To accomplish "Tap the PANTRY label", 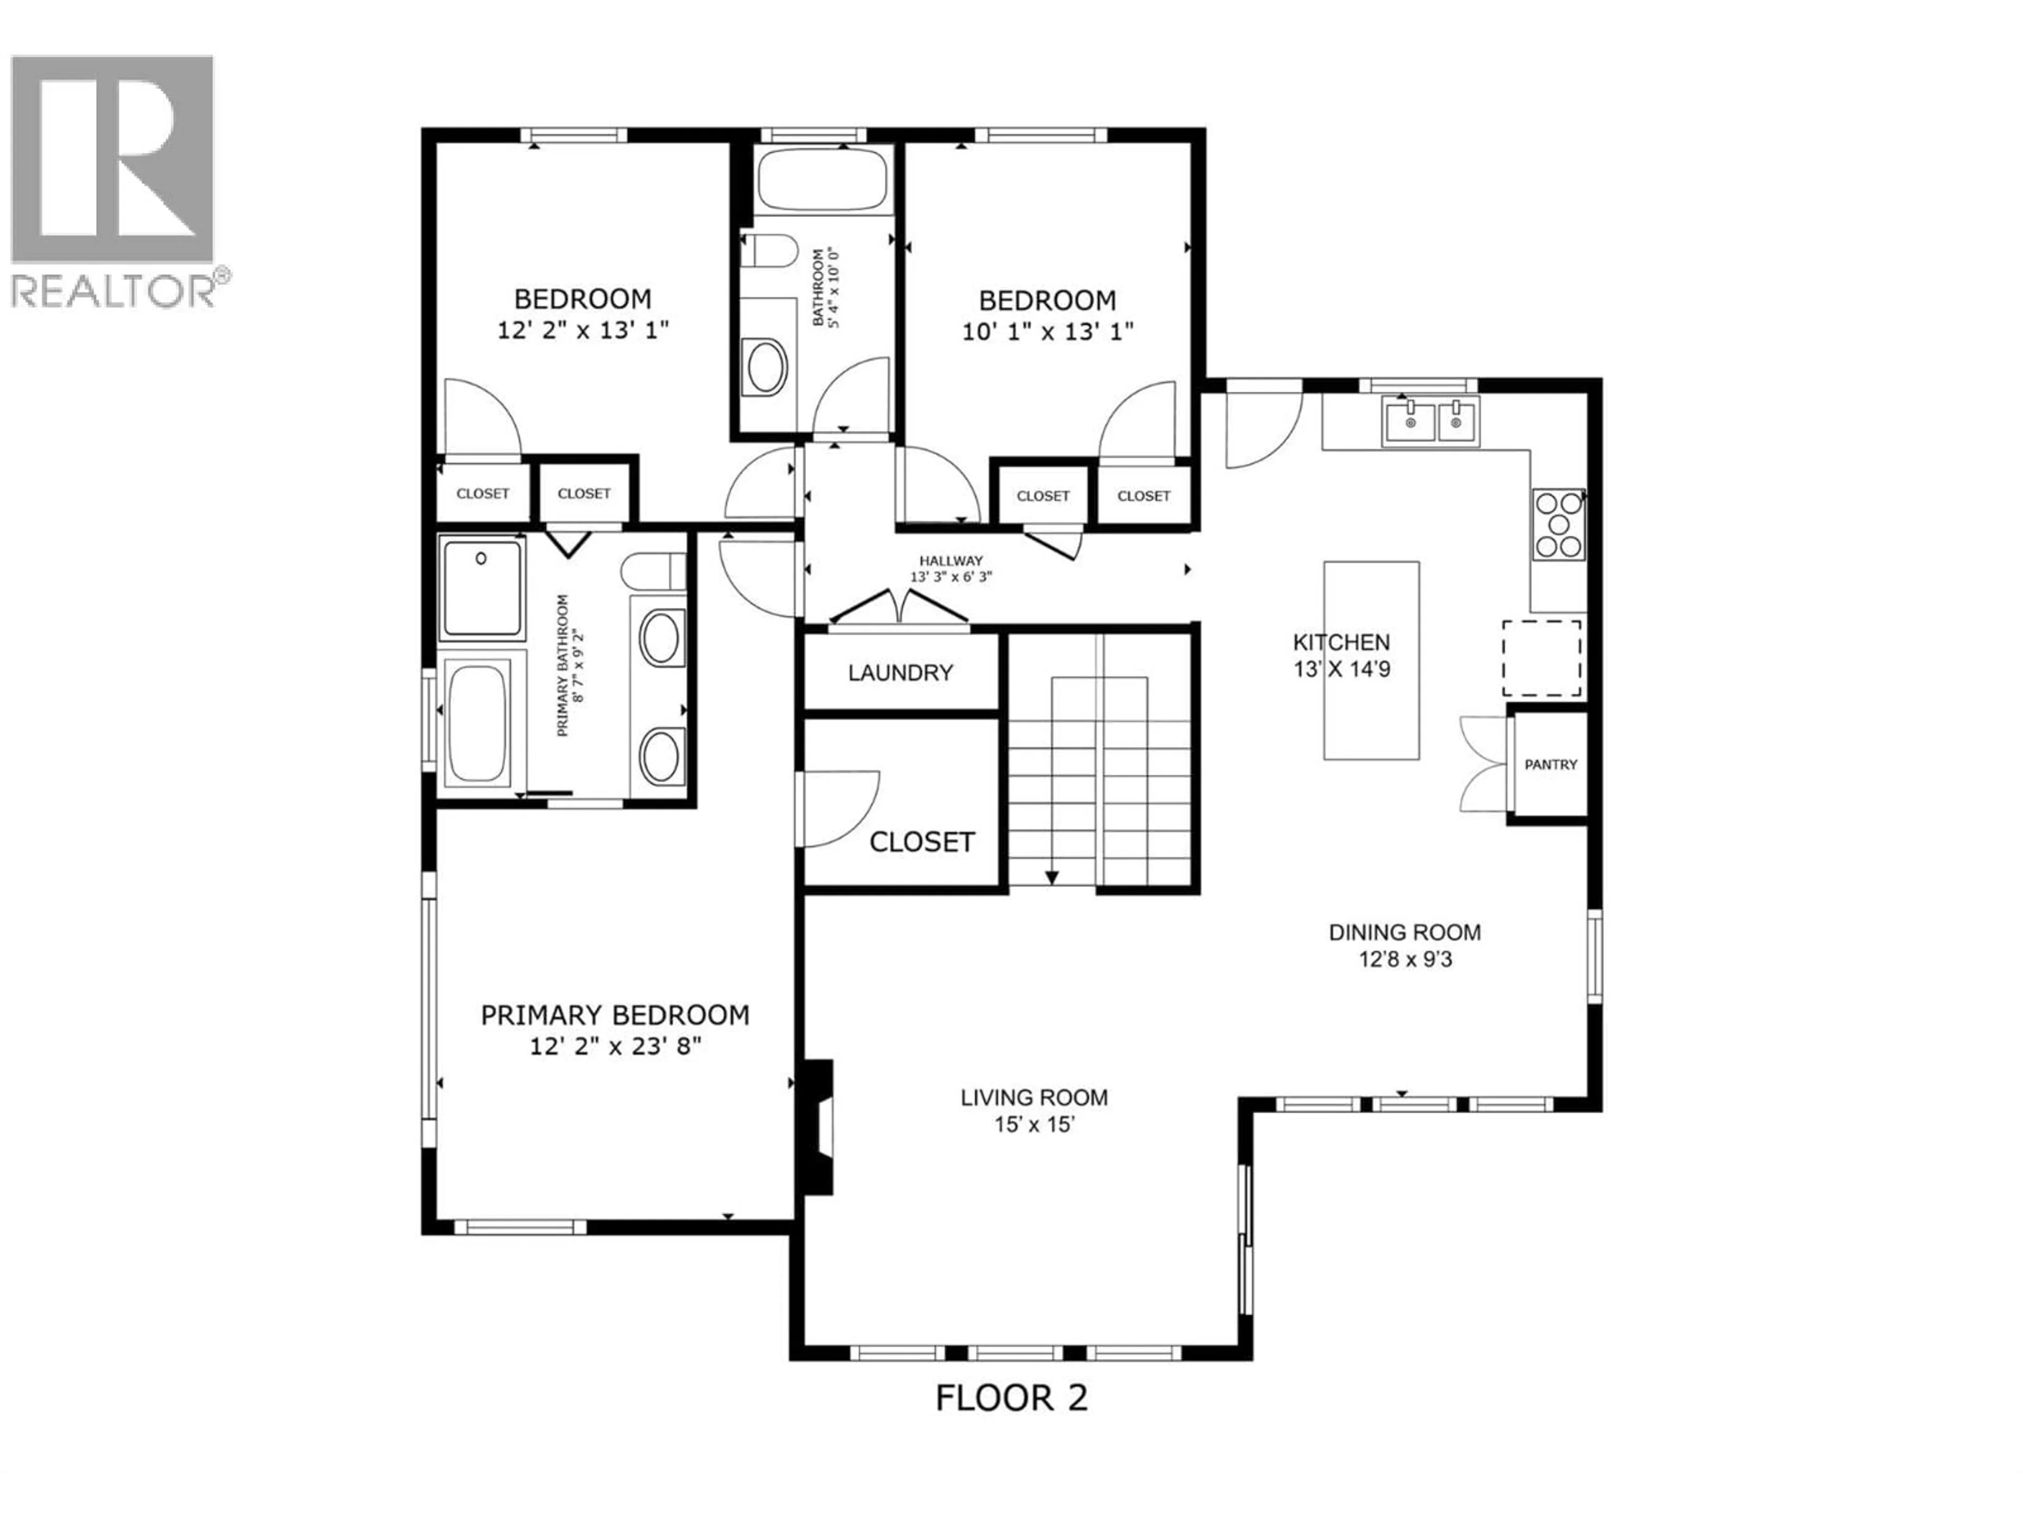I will pos(1550,764).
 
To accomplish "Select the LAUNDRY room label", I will pos(900,673).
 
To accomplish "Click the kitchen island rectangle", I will pos(1371,660).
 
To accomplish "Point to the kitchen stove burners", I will pos(1558,524).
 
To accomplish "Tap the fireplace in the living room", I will pos(817,1127).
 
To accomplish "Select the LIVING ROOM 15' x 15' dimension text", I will pos(1034,1125).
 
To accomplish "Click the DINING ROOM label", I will pos(1404,933).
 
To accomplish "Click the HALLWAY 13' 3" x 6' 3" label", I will pos(950,569).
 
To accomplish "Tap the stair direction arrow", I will pos(1052,876).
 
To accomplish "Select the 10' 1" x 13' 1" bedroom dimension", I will pos(1047,331).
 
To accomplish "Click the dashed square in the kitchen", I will pos(1542,658).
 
